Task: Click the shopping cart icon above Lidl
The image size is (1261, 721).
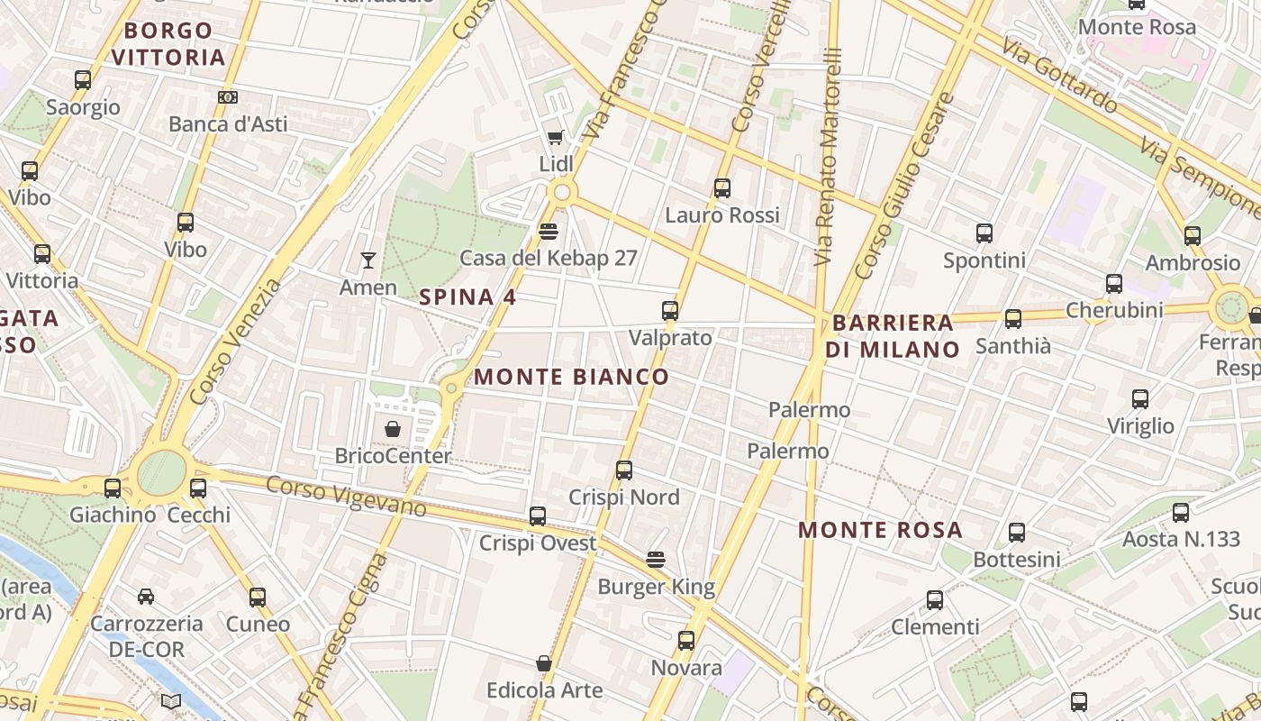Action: [x=555, y=138]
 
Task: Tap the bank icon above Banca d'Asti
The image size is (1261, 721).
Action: [x=228, y=97]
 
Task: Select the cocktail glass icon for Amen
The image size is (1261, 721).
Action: [x=367, y=260]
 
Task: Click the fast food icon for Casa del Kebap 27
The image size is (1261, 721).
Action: [x=548, y=232]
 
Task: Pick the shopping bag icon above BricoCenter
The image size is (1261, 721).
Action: [x=393, y=429]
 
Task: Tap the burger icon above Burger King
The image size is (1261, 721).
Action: [x=656, y=560]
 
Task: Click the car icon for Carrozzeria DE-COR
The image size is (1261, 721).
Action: [x=146, y=597]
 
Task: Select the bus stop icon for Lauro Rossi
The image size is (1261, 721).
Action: [x=721, y=188]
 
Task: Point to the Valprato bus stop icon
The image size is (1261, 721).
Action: [x=670, y=311]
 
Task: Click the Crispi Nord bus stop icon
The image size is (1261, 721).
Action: [x=624, y=470]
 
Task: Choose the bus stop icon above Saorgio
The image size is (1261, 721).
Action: [x=83, y=80]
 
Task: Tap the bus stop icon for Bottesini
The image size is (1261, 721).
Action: [x=1017, y=533]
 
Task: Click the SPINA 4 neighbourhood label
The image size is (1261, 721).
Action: [x=468, y=297]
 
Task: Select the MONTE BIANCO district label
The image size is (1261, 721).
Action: [x=572, y=377]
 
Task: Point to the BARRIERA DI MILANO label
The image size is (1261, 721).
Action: [x=893, y=336]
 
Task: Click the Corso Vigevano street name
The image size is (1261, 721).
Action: [x=346, y=496]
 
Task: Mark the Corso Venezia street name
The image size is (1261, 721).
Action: [x=236, y=342]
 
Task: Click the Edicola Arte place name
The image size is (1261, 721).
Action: [x=545, y=690]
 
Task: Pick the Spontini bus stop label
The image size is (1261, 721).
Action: [x=984, y=261]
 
